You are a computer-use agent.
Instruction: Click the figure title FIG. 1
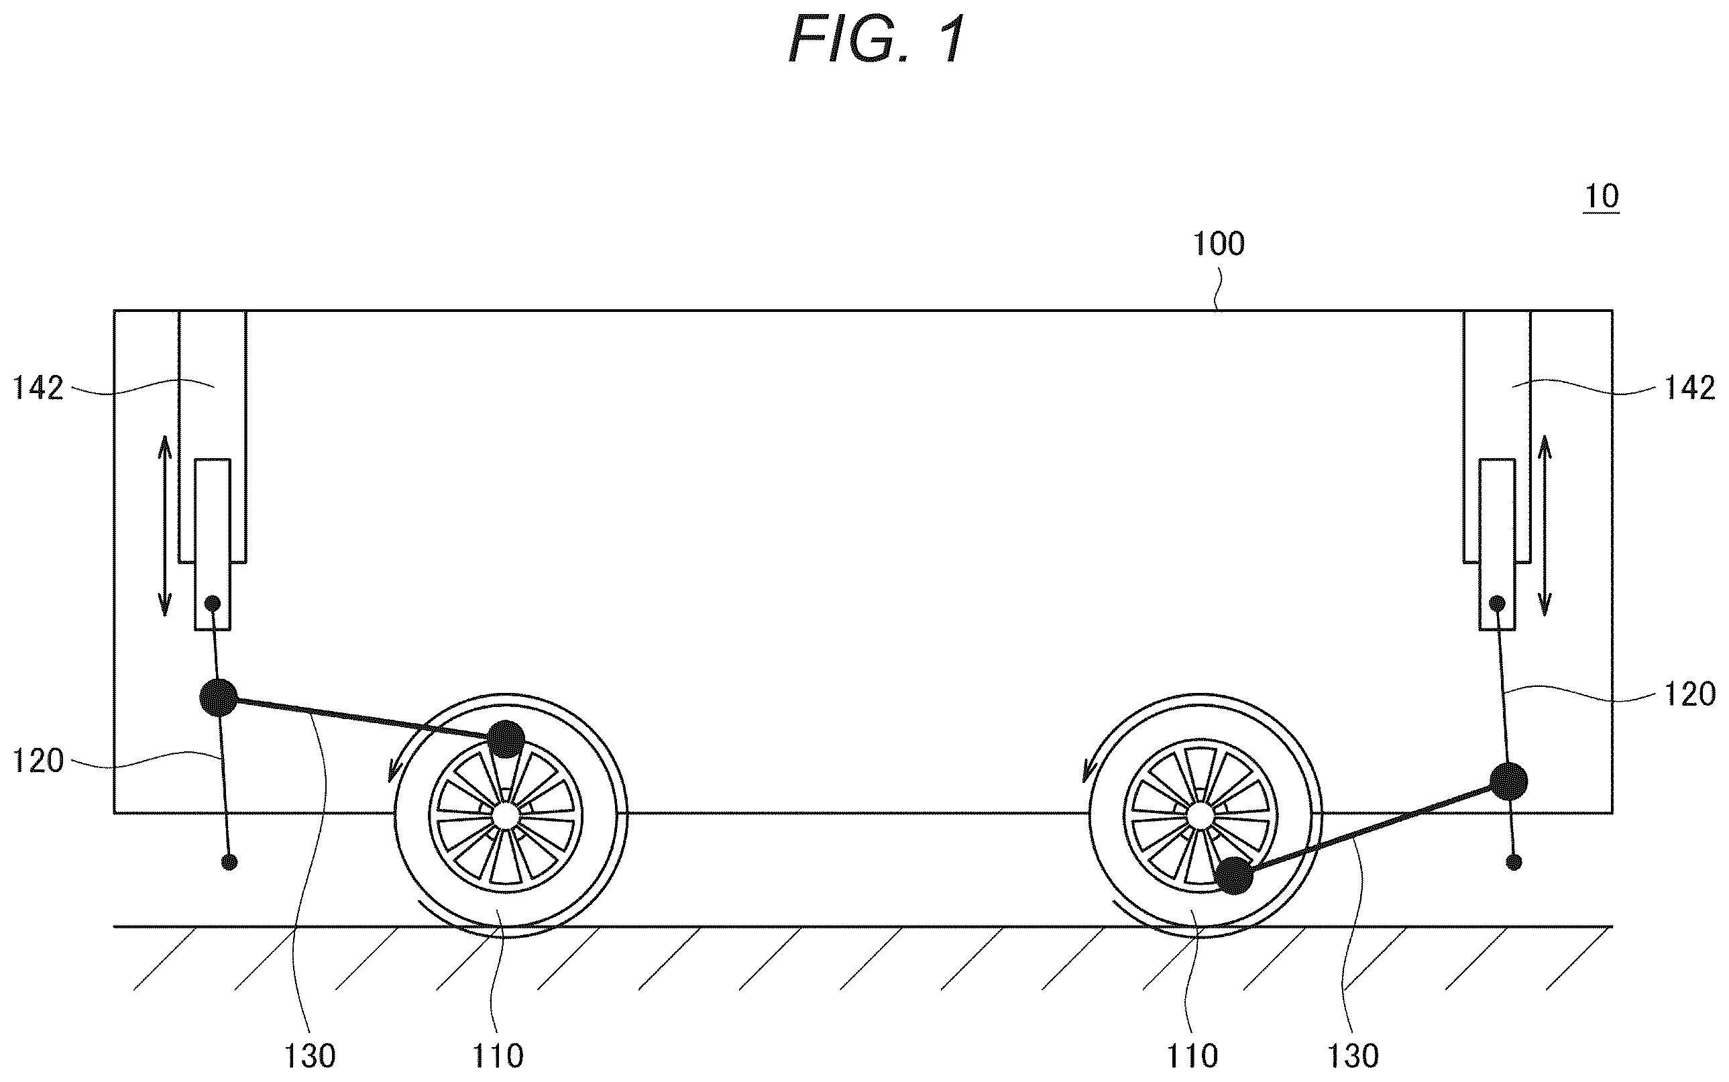877,40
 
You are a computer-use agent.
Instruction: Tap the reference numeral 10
1602,196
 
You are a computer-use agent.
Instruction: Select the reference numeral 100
1219,244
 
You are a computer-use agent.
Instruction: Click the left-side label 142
38,388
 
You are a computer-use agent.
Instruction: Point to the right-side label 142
1689,388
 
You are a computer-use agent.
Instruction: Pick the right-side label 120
1689,694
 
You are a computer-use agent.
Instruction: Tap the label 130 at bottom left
310,1057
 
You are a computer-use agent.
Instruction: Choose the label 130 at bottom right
1353,1057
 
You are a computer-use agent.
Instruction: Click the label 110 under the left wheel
498,1057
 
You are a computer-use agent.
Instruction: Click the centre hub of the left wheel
506,814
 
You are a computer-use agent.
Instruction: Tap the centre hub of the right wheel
1200,814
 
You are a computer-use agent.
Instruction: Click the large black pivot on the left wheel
506,739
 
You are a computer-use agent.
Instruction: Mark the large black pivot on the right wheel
1235,875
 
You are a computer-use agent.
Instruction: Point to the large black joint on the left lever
218,697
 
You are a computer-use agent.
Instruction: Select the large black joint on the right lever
1508,781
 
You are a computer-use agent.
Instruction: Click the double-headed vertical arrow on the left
164,526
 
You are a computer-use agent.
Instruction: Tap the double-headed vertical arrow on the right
1545,526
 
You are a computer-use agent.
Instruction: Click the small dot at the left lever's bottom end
229,862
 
